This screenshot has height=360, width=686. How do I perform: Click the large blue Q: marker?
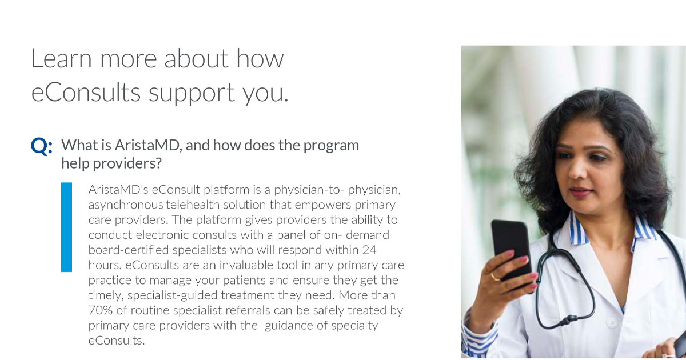41,147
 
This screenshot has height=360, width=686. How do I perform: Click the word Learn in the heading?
62,59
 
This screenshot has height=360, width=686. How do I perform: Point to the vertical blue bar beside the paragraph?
67,227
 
